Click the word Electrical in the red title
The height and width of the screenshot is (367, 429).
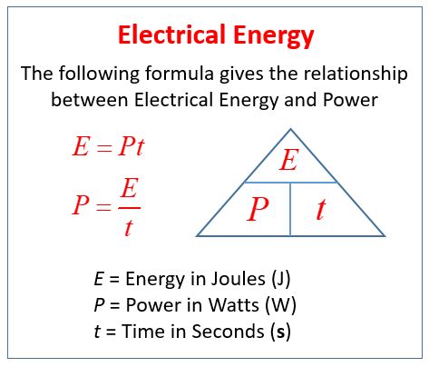pyautogui.click(x=169, y=35)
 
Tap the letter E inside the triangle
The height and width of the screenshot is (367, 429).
pyautogui.click(x=288, y=161)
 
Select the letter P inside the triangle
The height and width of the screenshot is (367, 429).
pyautogui.click(x=258, y=210)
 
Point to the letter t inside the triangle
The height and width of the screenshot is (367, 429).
pyautogui.click(x=321, y=210)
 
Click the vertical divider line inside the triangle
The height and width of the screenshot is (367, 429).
pyautogui.click(x=290, y=209)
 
